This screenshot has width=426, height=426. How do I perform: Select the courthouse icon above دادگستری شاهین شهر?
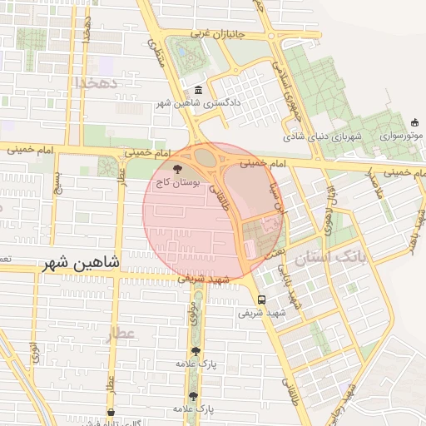[x=197, y=91]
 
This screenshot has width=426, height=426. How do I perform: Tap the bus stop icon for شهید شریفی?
[x=262, y=300]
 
